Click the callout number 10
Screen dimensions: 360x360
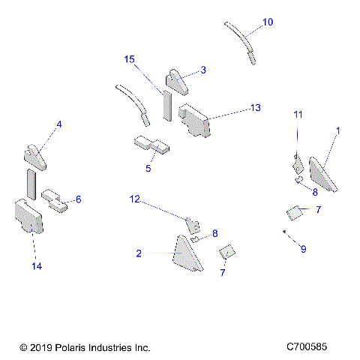[268, 22]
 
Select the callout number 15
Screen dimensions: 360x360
[129, 59]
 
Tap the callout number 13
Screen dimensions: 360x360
[256, 108]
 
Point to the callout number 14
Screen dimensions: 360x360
[37, 266]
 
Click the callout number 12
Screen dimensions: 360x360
[135, 199]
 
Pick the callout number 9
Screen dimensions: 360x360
[303, 249]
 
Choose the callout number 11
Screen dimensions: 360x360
[298, 115]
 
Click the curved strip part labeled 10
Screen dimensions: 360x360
[241, 43]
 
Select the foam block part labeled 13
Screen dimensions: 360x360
[194, 121]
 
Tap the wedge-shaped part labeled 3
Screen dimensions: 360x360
[176, 82]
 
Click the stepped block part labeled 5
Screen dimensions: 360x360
[151, 145]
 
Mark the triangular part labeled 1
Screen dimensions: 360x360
[322, 175]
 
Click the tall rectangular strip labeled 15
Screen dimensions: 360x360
[167, 106]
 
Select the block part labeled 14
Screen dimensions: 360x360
[28, 217]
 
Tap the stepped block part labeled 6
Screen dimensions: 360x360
[54, 201]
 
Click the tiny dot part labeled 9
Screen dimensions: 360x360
[284, 232]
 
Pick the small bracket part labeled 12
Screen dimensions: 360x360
[193, 226]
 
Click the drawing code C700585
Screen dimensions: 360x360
[307, 346]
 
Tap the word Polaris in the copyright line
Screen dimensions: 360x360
[70, 348]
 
